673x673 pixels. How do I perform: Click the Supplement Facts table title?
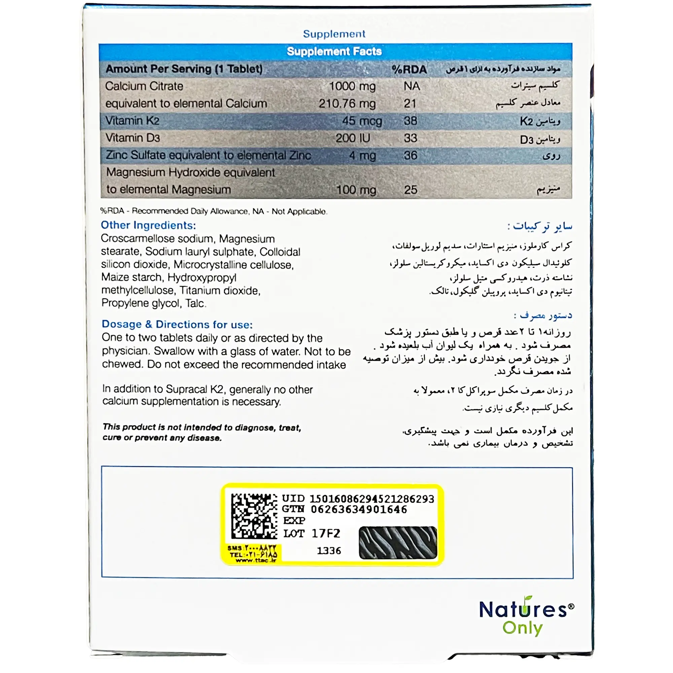coord(334,51)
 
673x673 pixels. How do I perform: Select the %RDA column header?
coord(409,69)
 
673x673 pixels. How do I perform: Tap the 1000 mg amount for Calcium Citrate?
coord(352,86)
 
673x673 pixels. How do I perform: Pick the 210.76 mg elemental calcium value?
coord(347,103)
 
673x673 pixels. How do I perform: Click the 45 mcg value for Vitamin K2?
coord(362,121)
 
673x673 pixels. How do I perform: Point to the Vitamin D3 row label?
coord(132,138)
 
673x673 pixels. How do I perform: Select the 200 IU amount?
coord(353,138)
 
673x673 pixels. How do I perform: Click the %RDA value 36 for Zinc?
coord(410,155)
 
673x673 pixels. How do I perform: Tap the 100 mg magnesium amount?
coord(356,190)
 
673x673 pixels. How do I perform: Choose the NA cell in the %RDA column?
coord(412,86)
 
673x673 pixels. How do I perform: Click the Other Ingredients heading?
coord(148,225)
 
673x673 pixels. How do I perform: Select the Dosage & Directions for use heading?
coord(177,324)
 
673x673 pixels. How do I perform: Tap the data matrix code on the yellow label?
coord(254,516)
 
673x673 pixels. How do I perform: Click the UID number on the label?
coord(371,499)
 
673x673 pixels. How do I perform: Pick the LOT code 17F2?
coord(325,533)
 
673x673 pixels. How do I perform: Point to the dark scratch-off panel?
coord(397,542)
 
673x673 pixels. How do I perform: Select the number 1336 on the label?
coord(329,551)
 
